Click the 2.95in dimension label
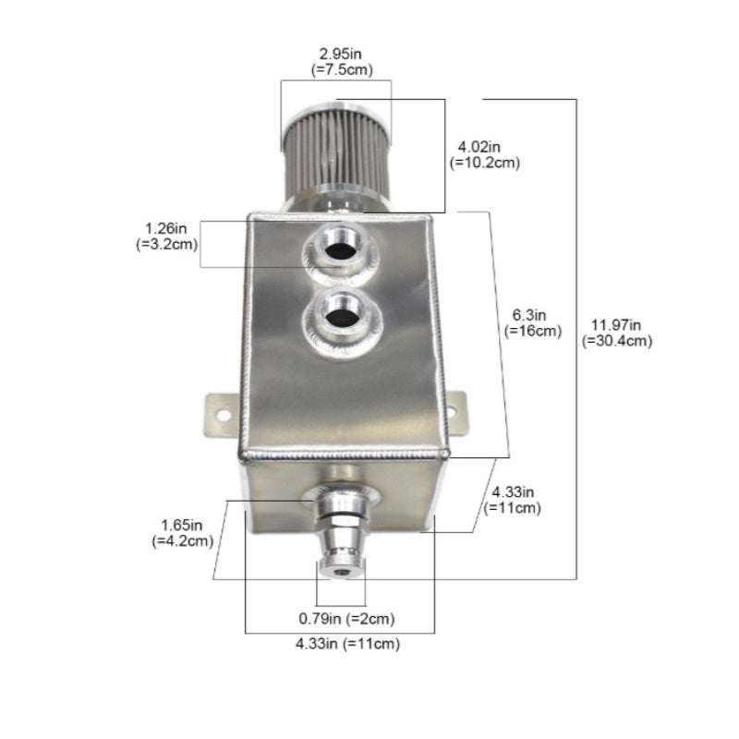(340, 54)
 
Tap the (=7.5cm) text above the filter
(342, 70)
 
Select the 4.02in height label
(479, 147)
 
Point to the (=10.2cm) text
(484, 163)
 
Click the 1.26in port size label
(166, 228)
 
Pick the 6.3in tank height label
(528, 315)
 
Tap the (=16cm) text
(533, 331)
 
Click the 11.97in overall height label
(616, 325)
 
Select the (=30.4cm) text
(616, 341)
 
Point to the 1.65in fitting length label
(181, 525)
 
